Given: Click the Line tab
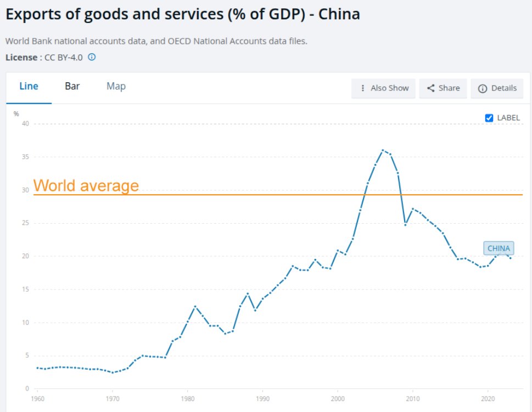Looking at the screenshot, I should tap(29, 87).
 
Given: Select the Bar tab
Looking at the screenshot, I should tap(72, 87).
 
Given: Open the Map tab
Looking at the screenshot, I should tap(116, 87).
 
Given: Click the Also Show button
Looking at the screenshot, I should tap(384, 88).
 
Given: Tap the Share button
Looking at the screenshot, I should tap(443, 88).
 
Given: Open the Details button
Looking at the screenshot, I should tap(497, 88).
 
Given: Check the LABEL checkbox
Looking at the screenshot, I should tap(490, 118).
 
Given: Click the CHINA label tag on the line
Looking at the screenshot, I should tap(499, 248).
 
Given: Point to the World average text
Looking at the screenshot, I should tap(86, 186).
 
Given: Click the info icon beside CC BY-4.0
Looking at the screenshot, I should tap(92, 57).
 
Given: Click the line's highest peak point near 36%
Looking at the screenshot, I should tap(383, 150).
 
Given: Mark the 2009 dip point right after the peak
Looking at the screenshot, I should tap(405, 224).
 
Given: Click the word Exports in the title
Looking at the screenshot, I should tap(35, 14).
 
